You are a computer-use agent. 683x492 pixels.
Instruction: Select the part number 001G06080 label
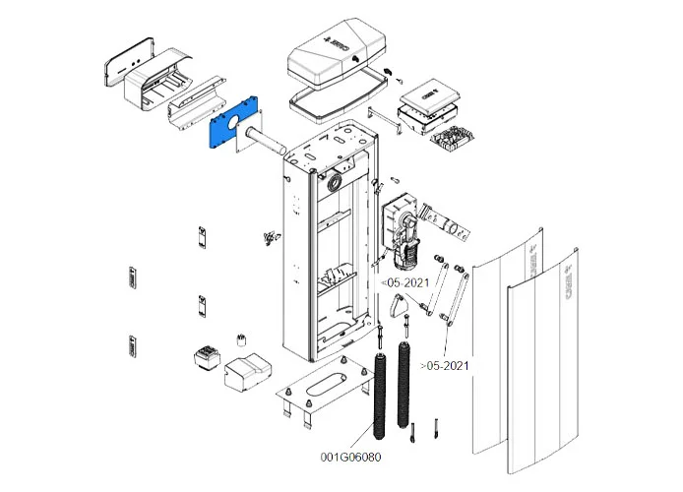[351, 457]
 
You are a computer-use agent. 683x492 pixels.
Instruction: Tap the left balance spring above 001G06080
[380, 394]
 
